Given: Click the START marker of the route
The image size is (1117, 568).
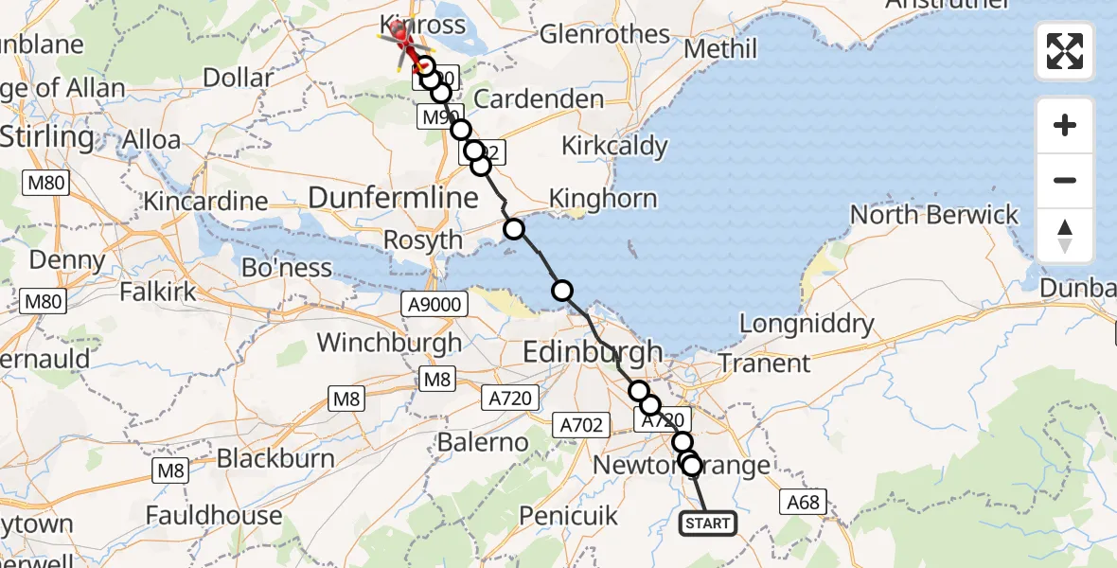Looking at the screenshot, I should point(707,524).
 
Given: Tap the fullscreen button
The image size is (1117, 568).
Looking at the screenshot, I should point(1065,51).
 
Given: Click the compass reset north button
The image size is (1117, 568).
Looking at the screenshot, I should point(1065,236).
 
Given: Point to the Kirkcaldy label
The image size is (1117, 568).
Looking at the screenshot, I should point(614,147).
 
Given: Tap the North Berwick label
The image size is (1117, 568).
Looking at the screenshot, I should point(934,215).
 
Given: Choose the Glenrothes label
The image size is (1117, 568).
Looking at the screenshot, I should point(605,35).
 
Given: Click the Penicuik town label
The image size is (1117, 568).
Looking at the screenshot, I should point(569,516).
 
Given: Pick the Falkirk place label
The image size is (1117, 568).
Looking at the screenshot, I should point(158,292).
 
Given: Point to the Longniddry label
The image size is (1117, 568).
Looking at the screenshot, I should point(807,325).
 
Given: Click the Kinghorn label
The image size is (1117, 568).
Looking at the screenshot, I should point(603,199).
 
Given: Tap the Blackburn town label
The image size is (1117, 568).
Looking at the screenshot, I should point(275,459).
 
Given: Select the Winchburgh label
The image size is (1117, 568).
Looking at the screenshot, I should point(390,342).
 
